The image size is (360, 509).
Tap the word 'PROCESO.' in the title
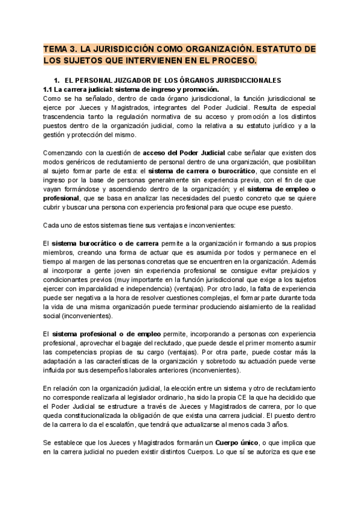click(x=232, y=61)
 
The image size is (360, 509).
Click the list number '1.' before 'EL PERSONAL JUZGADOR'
click(x=58, y=80)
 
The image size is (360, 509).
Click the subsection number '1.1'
click(x=49, y=89)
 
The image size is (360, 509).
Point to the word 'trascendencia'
click(x=68, y=118)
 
